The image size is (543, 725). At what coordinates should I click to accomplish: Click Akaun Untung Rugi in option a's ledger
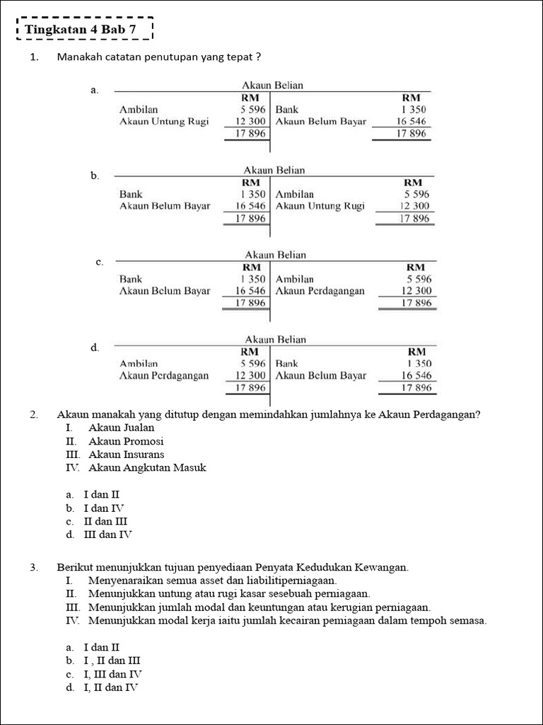coord(164,121)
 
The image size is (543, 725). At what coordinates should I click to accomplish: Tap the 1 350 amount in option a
coord(414,110)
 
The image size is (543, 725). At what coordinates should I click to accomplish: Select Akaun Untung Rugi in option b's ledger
coord(320,206)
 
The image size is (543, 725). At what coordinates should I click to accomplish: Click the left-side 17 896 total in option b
coord(250,219)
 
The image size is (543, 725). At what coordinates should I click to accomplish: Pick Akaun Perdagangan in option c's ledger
coord(320,290)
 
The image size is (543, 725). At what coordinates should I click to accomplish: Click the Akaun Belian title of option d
coord(275,340)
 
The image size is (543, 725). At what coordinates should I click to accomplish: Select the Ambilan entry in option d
coord(139,363)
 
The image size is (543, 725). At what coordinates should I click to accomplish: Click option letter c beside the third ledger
coord(99,262)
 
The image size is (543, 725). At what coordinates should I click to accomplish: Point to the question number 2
coord(34,415)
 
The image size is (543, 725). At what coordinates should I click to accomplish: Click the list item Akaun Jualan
coord(121,428)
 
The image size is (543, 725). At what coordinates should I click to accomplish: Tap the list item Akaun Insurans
coord(126,454)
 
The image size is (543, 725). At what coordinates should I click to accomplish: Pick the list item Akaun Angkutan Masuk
coord(147,467)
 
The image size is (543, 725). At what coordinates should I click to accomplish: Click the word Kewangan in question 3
coord(381,567)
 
